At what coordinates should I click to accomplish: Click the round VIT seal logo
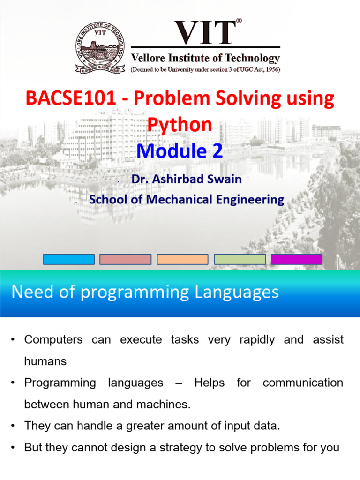click(x=100, y=47)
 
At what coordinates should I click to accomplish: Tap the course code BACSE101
click(x=71, y=98)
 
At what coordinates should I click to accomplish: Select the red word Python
click(x=180, y=125)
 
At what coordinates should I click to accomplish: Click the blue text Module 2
click(x=180, y=151)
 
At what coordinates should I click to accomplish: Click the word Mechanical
click(x=179, y=199)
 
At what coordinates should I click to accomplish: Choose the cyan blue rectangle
click(x=69, y=259)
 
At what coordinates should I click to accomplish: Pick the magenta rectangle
click(x=297, y=259)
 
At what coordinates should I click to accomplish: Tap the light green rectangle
click(x=240, y=259)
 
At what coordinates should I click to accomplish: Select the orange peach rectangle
click(x=182, y=259)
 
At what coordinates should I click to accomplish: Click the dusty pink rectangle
click(x=126, y=259)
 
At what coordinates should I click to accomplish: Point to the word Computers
click(x=53, y=339)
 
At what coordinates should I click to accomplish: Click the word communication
click(x=303, y=382)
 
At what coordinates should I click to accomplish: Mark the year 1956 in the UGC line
click(x=273, y=69)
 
